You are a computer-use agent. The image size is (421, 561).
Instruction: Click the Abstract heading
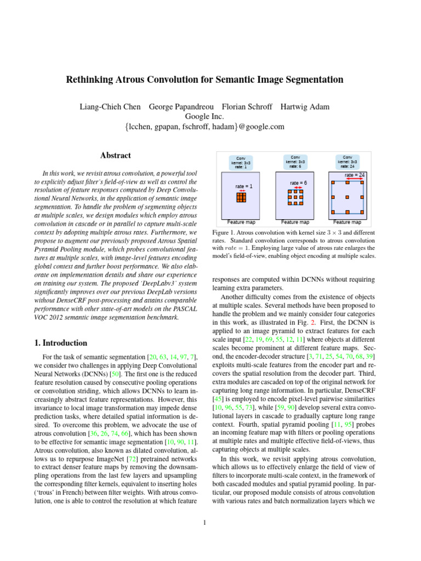115,156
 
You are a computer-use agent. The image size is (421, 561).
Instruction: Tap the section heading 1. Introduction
60,343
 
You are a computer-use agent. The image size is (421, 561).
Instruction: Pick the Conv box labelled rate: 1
240,162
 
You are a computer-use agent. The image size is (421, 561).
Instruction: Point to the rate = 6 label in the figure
298,182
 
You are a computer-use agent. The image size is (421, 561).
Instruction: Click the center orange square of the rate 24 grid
348,197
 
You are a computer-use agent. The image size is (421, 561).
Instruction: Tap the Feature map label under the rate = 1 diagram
241,222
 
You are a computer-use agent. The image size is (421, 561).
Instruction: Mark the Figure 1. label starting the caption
225,233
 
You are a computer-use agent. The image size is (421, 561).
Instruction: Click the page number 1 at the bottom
204,522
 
